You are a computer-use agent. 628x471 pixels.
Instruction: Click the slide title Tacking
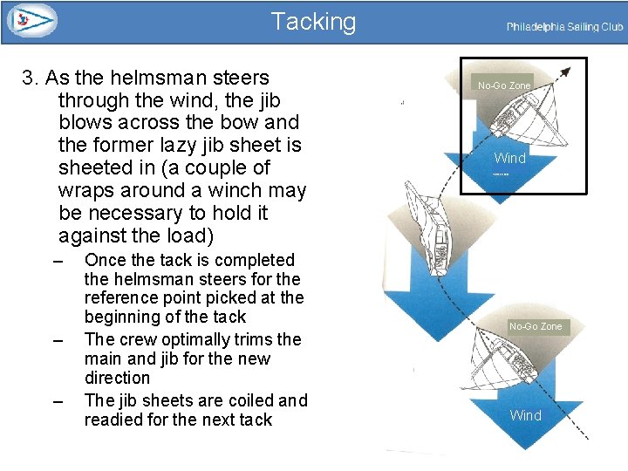(x=313, y=22)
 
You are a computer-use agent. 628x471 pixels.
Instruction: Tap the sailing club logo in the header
(x=31, y=21)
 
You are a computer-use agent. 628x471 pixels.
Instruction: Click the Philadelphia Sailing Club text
(x=564, y=27)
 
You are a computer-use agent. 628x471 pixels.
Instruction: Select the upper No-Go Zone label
(x=503, y=85)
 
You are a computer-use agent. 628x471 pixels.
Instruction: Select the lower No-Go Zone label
(x=536, y=326)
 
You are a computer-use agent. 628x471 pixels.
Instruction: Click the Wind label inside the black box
(x=509, y=158)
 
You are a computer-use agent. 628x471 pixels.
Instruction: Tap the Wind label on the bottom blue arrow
(x=525, y=415)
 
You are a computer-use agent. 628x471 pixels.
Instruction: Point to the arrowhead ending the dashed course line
(x=568, y=69)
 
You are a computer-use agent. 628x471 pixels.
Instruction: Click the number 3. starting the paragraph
(x=32, y=78)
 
